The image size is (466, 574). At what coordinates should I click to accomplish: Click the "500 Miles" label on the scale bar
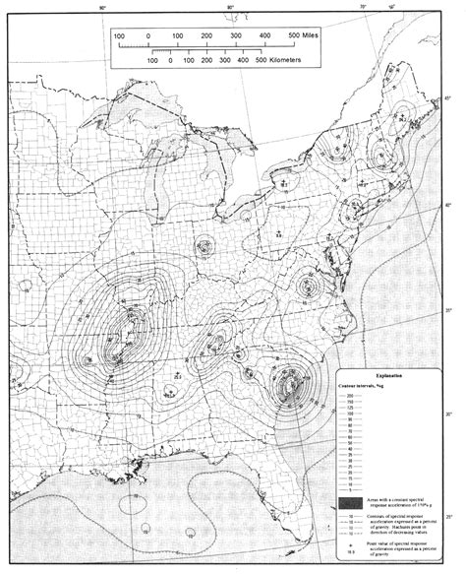tap(308, 36)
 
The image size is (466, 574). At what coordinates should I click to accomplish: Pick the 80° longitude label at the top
tap(231, 8)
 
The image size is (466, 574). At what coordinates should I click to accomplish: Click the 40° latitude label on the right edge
tap(449, 205)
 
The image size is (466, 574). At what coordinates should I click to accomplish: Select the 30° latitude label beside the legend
tap(449, 414)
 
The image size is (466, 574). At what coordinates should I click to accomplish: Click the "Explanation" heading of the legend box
tap(382, 375)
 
